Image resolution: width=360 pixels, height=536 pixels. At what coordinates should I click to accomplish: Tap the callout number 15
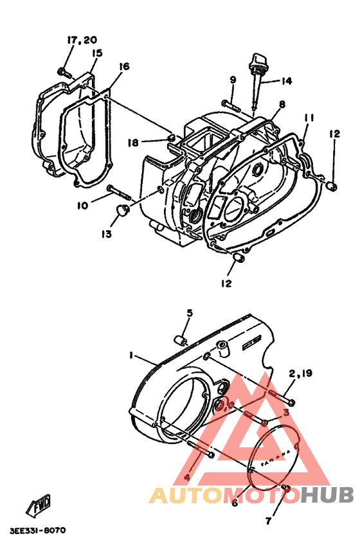96,53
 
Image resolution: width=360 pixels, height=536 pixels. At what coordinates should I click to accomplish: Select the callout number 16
124,66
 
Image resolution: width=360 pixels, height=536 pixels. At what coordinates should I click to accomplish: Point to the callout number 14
285,81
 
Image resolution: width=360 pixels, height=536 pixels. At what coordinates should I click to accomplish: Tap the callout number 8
282,104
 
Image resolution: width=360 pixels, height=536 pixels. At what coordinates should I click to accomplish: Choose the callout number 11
309,118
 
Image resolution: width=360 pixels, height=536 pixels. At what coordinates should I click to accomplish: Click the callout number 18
133,142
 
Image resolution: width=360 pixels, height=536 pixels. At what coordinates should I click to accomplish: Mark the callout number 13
105,234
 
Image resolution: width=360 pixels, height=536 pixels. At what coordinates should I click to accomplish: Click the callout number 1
130,355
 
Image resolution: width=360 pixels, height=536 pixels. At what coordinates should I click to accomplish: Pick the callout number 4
186,478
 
